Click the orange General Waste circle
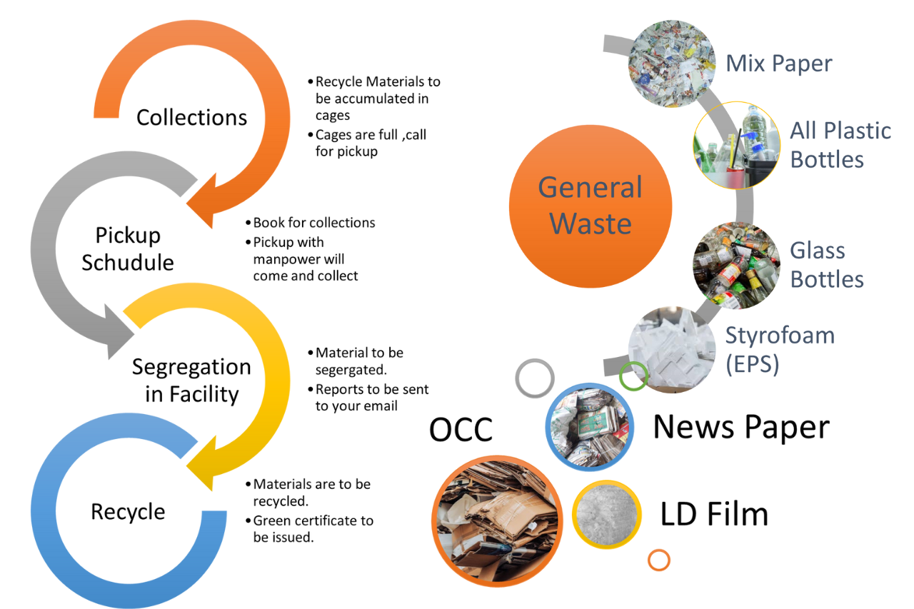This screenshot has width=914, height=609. (591, 206)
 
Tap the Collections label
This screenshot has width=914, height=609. (191, 117)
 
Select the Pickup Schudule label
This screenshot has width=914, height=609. (128, 248)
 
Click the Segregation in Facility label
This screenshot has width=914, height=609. (191, 380)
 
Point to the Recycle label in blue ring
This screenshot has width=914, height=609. (128, 511)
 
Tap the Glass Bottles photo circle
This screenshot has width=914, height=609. (736, 265)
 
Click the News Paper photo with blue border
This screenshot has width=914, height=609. (590, 426)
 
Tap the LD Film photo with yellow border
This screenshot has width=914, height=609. (607, 514)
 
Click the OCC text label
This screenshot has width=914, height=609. (461, 430)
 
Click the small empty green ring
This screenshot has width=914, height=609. (633, 376)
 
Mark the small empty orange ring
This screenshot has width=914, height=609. (659, 560)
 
